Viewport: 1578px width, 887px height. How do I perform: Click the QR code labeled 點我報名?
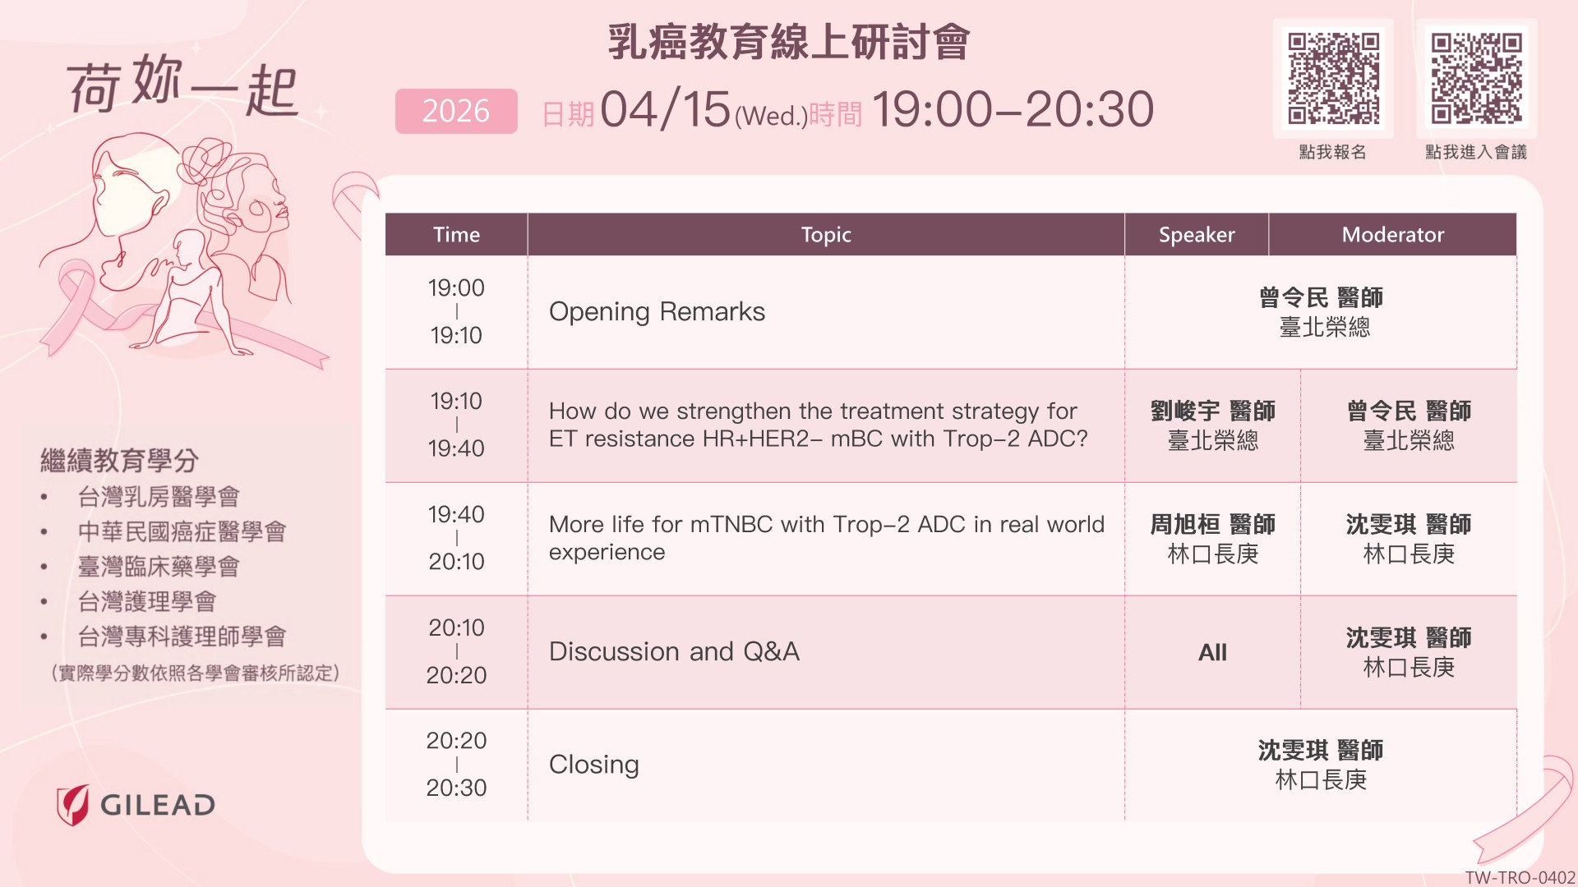click(x=1333, y=78)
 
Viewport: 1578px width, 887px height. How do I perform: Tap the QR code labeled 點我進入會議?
click(x=1477, y=78)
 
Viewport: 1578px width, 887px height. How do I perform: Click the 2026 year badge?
click(x=456, y=111)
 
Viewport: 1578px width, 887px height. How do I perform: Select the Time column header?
click(x=456, y=235)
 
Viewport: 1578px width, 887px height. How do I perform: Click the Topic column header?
click(x=826, y=235)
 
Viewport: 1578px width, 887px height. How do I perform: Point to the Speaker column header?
click(x=1197, y=235)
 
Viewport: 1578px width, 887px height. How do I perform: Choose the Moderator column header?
click(x=1393, y=235)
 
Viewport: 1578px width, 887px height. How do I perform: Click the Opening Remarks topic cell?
click(x=657, y=312)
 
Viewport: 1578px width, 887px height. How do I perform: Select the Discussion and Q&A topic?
click(x=674, y=651)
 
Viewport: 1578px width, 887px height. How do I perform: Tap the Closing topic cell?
click(x=593, y=765)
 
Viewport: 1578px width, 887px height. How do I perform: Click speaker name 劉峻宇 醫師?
click(x=1213, y=411)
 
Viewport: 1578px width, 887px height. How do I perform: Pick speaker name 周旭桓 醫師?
click(x=1213, y=524)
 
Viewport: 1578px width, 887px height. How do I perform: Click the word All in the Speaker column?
click(x=1212, y=652)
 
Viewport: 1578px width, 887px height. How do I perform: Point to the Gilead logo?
click(x=136, y=805)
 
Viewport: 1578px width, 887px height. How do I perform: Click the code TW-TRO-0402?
click(x=1520, y=877)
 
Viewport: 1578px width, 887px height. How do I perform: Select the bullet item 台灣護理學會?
click(x=147, y=602)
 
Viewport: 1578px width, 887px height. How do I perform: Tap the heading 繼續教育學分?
click(x=120, y=461)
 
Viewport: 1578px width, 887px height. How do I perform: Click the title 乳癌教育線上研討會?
click(x=789, y=43)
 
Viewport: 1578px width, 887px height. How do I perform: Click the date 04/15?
click(x=666, y=109)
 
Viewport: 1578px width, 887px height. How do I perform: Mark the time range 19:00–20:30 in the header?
click(x=1013, y=109)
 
